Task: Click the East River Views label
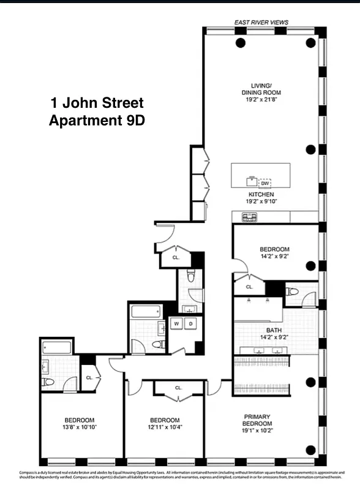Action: pos(261,23)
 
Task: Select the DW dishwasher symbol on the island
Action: pos(265,183)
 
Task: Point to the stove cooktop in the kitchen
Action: pos(249,217)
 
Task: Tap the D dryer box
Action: pos(191,323)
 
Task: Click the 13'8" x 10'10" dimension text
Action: pos(81,428)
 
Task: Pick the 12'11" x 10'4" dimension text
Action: pos(165,428)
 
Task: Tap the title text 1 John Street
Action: pos(96,102)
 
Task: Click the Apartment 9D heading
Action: pos(96,120)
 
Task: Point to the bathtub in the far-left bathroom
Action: pos(56,348)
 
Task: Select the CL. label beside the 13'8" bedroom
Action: pos(89,377)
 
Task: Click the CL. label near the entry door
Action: pos(176,258)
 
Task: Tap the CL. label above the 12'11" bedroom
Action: pos(178,388)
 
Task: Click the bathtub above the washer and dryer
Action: pos(146,311)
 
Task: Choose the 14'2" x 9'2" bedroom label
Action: pos(274,253)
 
